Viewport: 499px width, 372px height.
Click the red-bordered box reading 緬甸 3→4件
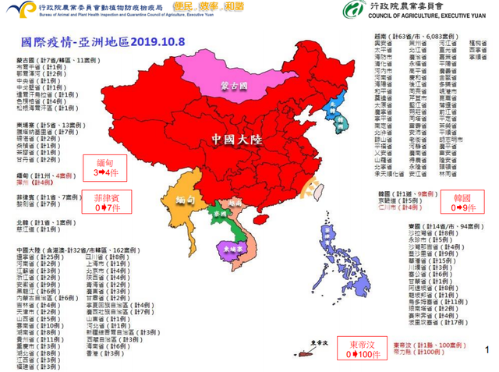coord(106,166)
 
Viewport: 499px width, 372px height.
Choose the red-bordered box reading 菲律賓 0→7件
coord(106,202)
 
